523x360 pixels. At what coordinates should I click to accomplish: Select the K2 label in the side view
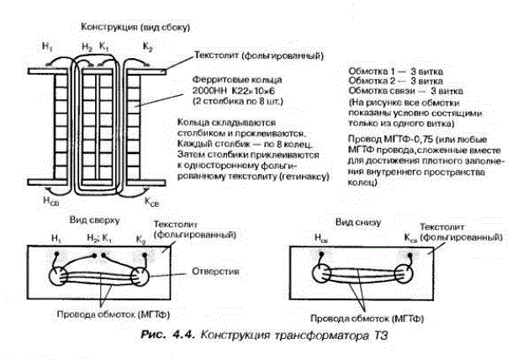pos(148,46)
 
